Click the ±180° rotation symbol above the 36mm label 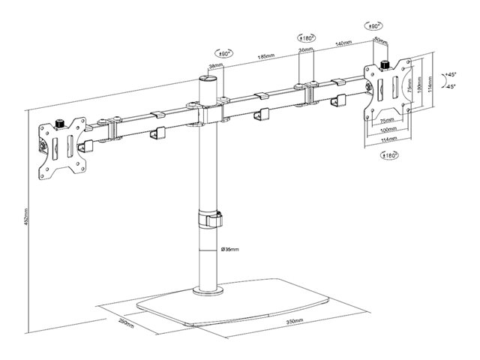[305, 36]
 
